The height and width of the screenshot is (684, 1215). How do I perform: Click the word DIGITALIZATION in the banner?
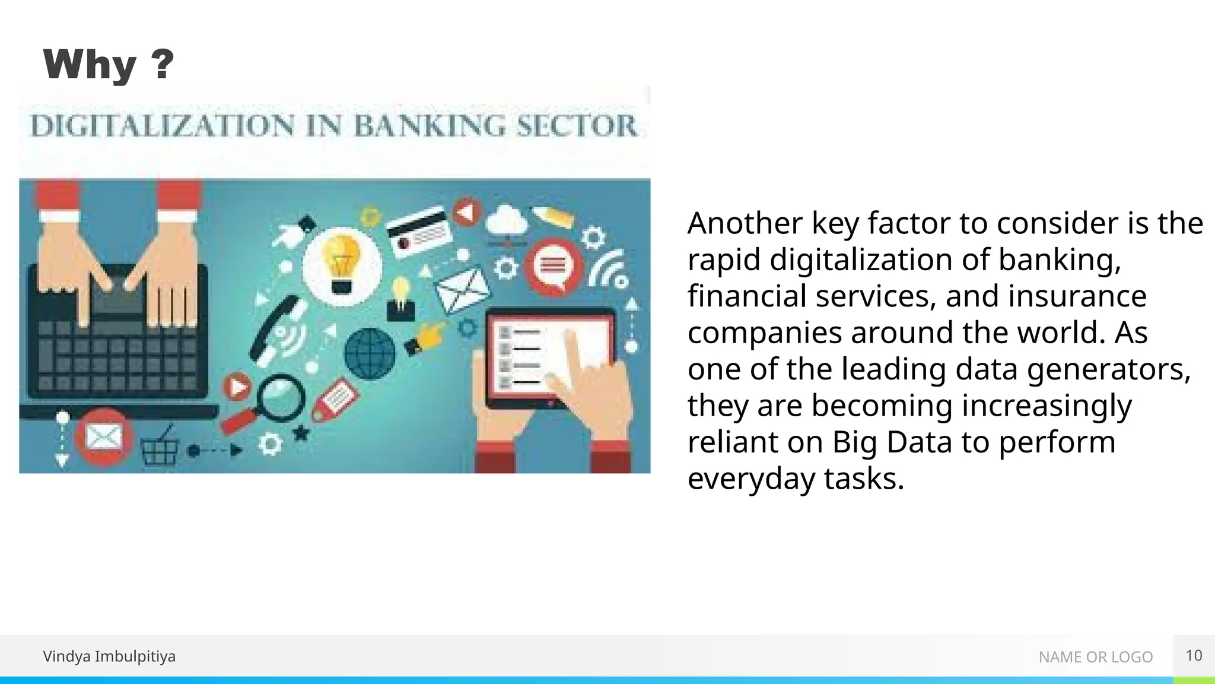(x=162, y=126)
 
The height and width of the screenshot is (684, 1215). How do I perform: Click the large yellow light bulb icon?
(x=342, y=265)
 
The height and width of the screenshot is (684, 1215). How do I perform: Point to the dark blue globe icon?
(x=370, y=353)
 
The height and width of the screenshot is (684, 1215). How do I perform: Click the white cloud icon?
(x=506, y=221)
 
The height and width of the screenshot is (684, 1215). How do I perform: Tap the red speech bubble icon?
(x=553, y=266)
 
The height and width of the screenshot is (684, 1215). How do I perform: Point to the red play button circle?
(x=238, y=388)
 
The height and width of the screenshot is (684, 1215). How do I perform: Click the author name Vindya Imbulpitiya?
(x=109, y=656)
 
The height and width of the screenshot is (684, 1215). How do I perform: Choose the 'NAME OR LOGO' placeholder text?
(x=1095, y=657)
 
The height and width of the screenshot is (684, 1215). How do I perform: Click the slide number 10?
(x=1194, y=655)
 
